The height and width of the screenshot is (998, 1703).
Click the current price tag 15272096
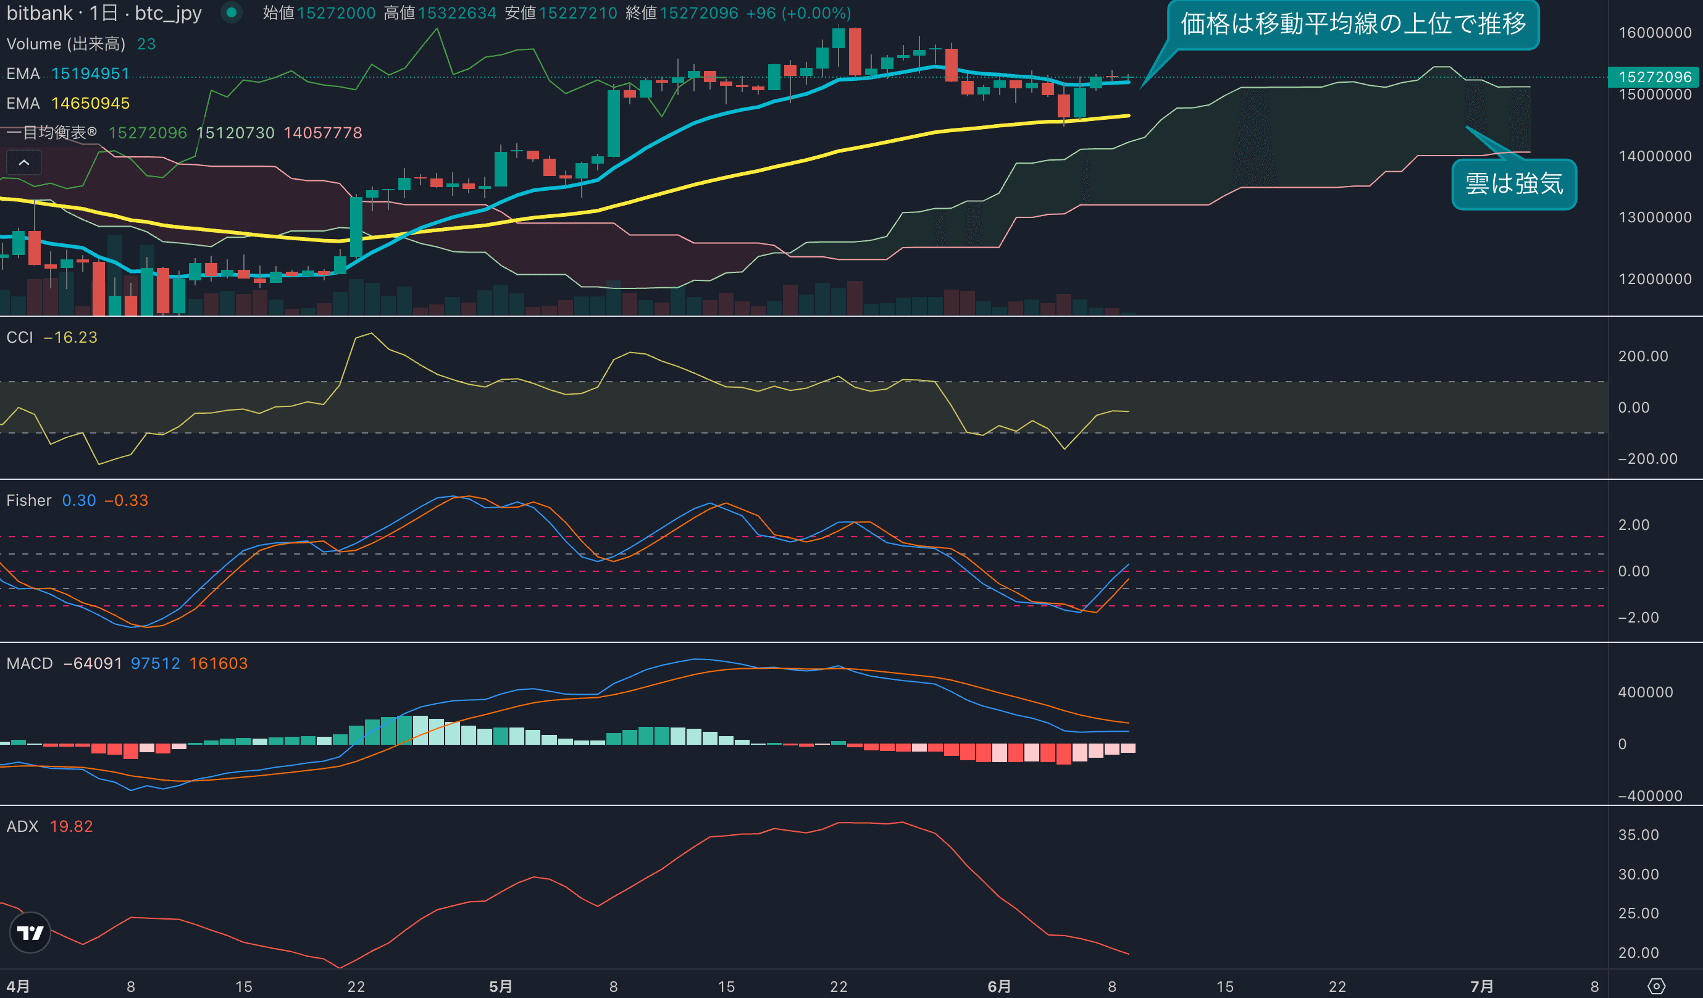[x=1654, y=77]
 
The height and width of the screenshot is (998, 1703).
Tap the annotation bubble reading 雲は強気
[x=1514, y=184]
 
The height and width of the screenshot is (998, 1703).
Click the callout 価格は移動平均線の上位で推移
[x=1353, y=24]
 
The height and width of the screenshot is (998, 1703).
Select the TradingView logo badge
[x=30, y=933]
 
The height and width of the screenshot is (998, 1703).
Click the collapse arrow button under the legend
[x=23, y=163]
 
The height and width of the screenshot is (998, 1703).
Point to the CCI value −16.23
[x=70, y=337]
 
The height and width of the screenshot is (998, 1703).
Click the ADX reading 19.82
[x=71, y=826]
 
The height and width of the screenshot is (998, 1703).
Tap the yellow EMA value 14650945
[x=91, y=103]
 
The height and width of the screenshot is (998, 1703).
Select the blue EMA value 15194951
[x=91, y=73]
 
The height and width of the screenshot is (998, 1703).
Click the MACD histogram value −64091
[x=93, y=663]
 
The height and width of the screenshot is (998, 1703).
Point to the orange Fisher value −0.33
[x=127, y=501]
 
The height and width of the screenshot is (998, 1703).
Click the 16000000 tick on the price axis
[x=1654, y=33]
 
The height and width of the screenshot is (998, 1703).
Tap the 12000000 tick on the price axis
[x=1654, y=279]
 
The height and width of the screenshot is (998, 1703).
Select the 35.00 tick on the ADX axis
[x=1638, y=835]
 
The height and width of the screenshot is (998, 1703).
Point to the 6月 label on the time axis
[x=999, y=986]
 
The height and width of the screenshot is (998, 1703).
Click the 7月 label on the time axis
[x=1482, y=986]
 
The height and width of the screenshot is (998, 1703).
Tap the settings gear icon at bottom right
[x=1656, y=986]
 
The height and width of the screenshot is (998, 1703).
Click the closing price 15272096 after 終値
[x=699, y=14]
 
